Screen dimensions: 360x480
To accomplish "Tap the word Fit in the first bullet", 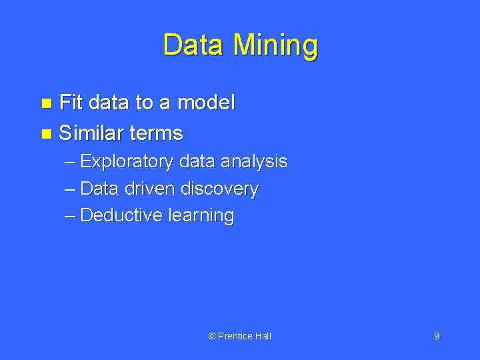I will [x=71, y=102].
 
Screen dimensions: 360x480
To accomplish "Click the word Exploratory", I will [x=127, y=161].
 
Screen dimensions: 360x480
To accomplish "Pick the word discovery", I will [x=219, y=189].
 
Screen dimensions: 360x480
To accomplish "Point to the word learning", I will [x=201, y=216].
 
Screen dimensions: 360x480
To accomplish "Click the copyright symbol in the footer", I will [x=212, y=336].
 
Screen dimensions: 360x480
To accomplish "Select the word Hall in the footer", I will [x=263, y=336].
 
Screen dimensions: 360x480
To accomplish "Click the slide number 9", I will [x=436, y=336].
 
